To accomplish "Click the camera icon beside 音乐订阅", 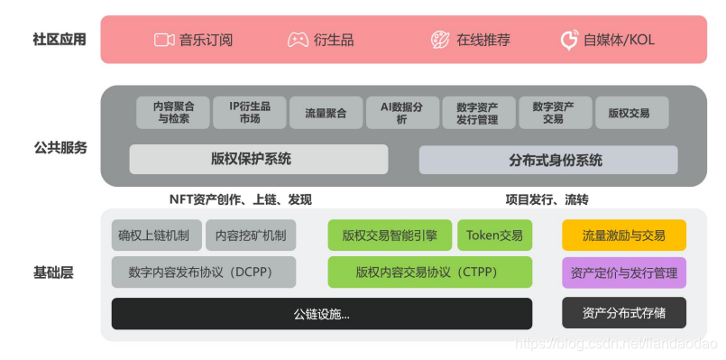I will coord(163,40).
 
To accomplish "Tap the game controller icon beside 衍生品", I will coord(298,40).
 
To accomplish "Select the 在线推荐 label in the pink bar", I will coord(483,40).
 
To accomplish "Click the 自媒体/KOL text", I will coord(620,40).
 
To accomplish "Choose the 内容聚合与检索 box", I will coord(173,112).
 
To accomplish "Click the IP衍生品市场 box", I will coord(249,112).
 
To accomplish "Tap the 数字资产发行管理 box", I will coord(479,112).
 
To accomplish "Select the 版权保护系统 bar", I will coord(259,160).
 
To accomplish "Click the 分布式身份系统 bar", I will coord(548,160).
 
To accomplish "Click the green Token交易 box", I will coord(494,235).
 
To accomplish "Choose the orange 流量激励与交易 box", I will coord(624,235).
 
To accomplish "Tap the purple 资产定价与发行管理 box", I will coord(624,272).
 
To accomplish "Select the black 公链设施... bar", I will coord(321,314).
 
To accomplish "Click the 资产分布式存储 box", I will coord(624,313).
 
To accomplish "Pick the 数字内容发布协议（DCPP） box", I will coord(204,272).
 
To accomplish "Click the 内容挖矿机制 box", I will coord(251,235).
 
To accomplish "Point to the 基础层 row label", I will coord(53,272).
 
